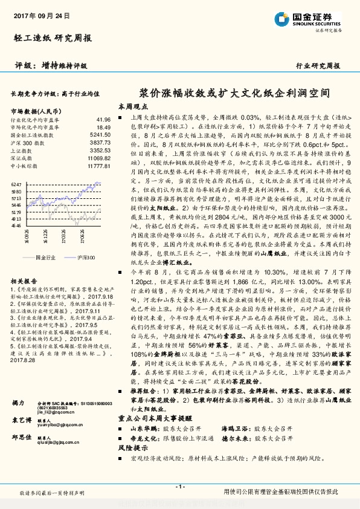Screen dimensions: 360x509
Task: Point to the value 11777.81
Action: [x=98, y=165]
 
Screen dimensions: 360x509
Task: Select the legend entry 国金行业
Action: [x=46, y=257]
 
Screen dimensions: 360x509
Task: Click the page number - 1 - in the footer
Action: [x=179, y=487]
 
